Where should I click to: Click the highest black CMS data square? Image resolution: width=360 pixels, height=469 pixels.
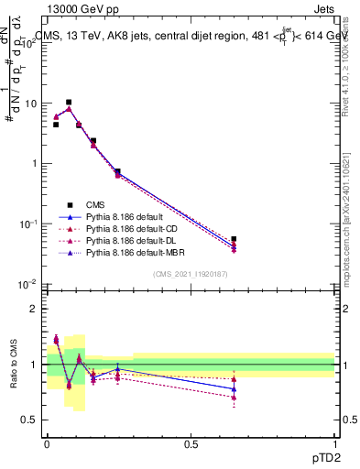click(69, 103)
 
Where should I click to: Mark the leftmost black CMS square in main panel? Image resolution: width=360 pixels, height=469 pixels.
click(56, 125)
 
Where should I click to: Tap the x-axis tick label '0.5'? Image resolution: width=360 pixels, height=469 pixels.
click(191, 443)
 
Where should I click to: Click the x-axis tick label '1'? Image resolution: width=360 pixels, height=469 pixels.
click(334, 443)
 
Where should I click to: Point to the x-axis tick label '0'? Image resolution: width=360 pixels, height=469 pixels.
click(47, 443)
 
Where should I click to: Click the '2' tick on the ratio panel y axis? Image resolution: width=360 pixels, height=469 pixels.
click(34, 309)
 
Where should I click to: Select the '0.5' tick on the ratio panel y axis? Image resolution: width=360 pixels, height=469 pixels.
click(29, 420)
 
